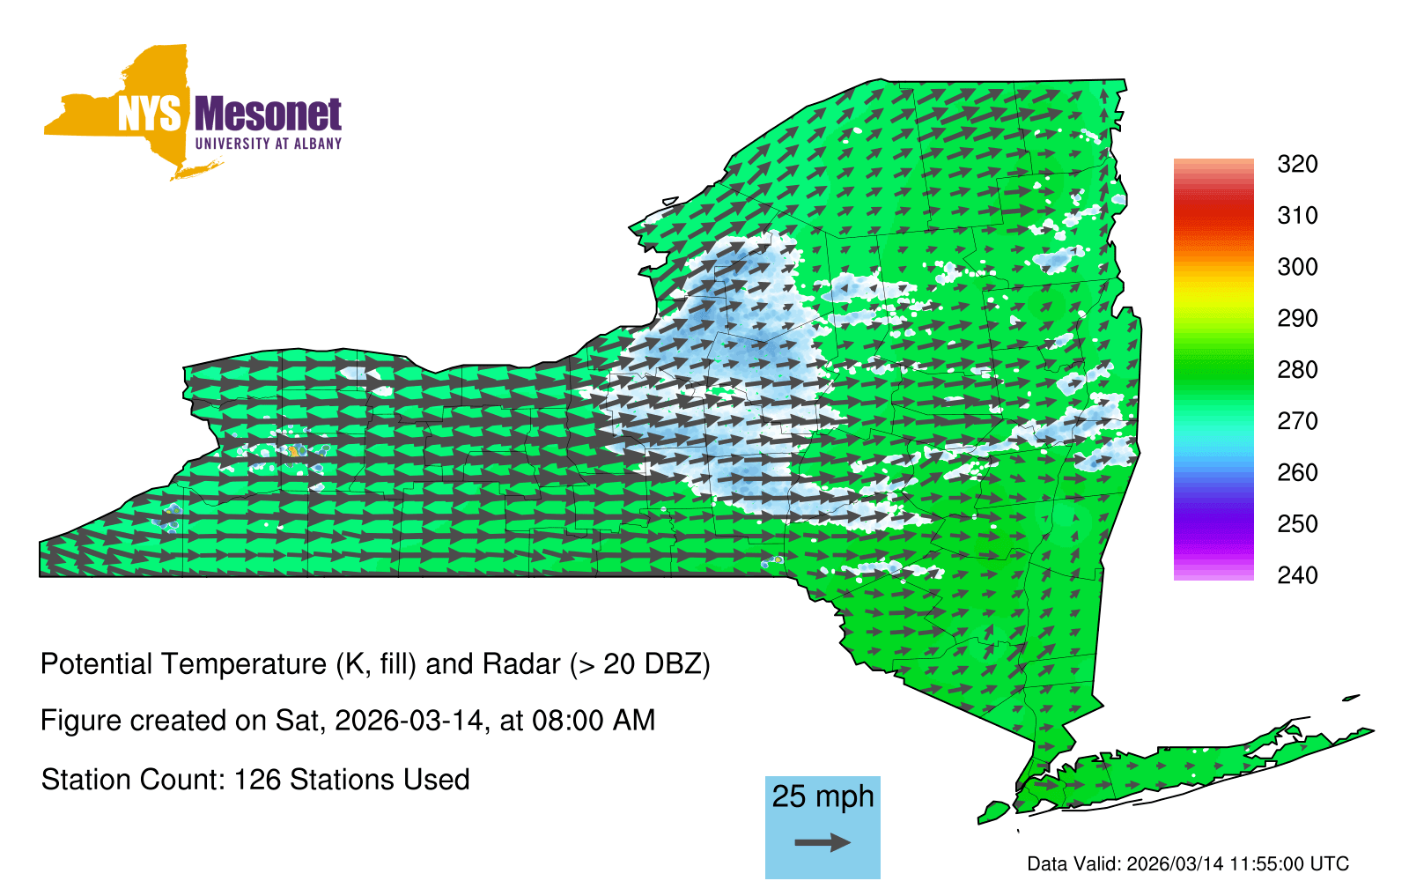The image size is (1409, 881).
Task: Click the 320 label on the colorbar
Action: point(1297,164)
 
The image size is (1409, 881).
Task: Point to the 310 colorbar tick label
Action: point(1297,216)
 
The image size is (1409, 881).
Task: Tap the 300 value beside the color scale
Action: point(1297,267)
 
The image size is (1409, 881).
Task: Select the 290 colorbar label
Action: point(1297,318)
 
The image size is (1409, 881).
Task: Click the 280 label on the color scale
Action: point(1297,369)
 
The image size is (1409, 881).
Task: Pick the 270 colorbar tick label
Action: point(1297,421)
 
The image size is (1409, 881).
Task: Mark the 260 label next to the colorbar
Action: point(1297,472)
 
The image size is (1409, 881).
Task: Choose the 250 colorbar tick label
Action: point(1297,523)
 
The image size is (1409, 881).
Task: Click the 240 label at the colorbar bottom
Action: point(1297,575)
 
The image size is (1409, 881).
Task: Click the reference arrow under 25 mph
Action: point(823,842)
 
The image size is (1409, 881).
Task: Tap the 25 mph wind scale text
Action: point(823,797)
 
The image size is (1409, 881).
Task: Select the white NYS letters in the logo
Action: point(149,114)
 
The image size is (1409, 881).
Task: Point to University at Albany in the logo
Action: point(269,144)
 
